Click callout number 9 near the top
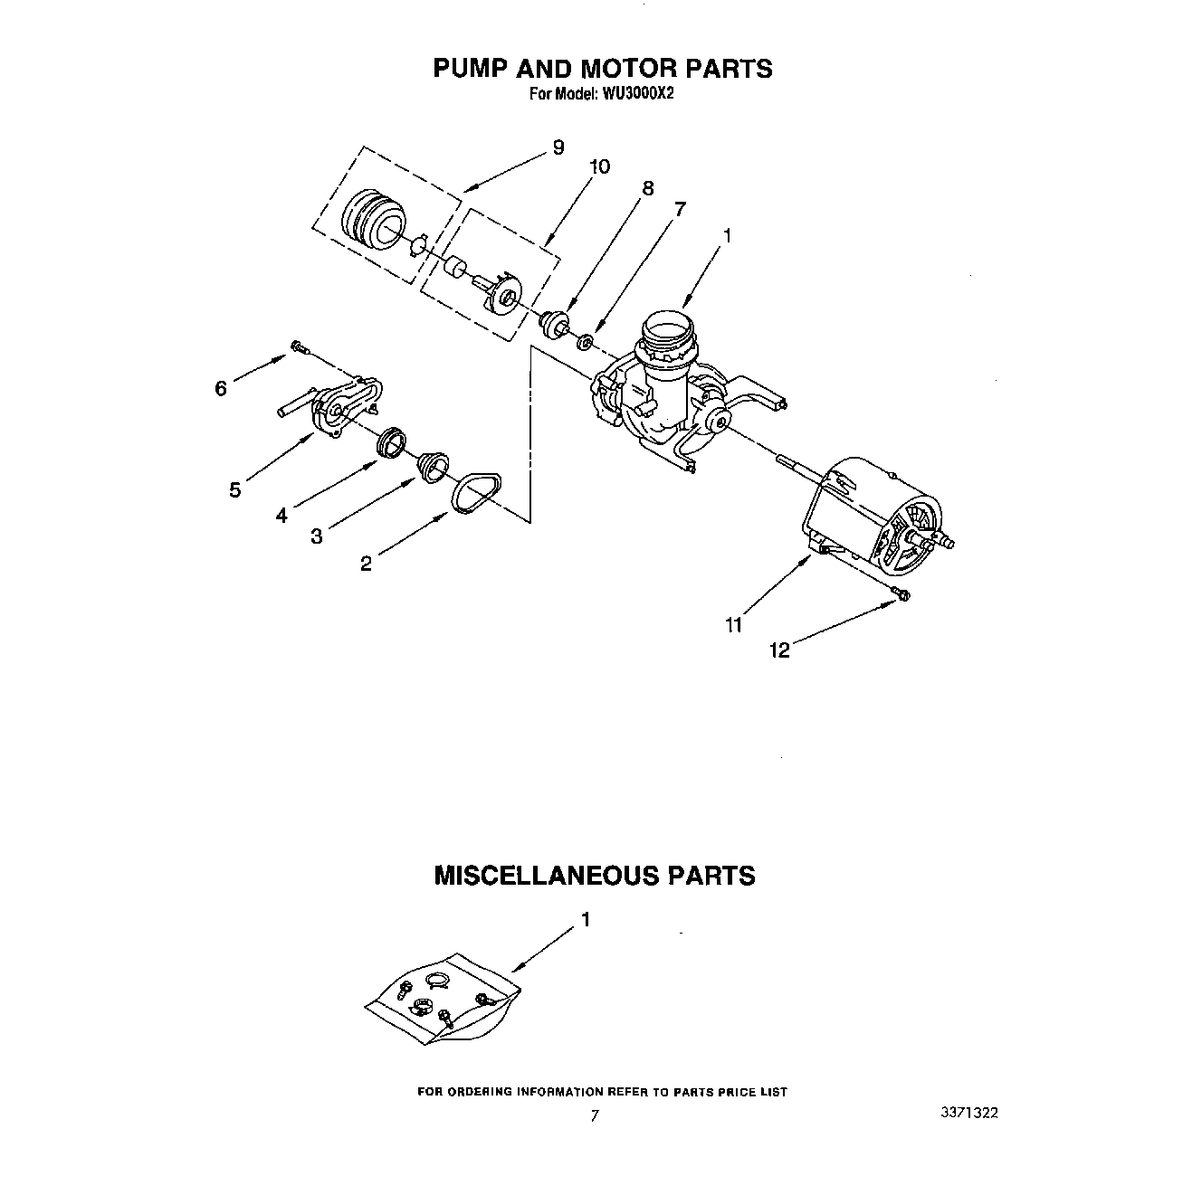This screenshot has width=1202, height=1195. [558, 147]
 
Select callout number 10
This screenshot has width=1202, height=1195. [599, 166]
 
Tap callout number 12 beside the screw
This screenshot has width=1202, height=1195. [779, 650]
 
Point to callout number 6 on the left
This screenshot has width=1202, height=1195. [220, 388]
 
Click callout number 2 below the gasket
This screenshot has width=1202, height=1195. [366, 564]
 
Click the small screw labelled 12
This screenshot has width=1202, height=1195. [901, 593]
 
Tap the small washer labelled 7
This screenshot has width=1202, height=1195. [586, 342]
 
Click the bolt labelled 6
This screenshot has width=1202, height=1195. [299, 346]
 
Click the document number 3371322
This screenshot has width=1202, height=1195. [969, 1114]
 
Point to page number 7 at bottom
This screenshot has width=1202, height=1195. [595, 1116]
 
